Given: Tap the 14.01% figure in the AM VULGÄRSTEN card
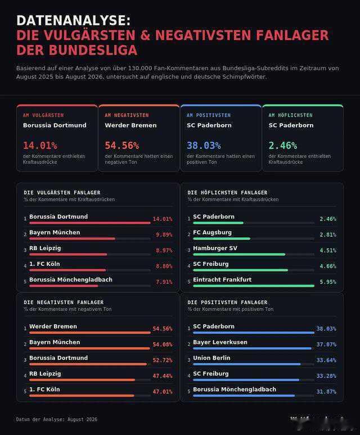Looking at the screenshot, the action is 40,146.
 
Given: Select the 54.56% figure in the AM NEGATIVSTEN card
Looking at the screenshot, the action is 122,146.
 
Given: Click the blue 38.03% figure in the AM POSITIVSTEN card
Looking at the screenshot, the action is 204,146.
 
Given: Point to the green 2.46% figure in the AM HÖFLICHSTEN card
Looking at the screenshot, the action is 283,146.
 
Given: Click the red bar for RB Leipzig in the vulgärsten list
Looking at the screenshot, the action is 68,255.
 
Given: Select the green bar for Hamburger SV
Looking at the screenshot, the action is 239,255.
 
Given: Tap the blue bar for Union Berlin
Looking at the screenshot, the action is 247,364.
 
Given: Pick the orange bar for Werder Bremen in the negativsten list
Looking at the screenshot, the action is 90,333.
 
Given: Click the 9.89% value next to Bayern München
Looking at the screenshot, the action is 164,235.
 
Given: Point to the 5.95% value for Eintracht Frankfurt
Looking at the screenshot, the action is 328,282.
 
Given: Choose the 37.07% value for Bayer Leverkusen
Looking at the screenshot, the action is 326,345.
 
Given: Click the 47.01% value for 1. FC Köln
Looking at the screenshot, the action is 163,392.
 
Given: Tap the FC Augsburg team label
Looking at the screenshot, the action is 212,233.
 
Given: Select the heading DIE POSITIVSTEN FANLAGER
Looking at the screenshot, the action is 227,302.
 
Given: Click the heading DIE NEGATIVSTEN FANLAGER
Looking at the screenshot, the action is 64,302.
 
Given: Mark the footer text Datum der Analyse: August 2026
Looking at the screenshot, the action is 57,419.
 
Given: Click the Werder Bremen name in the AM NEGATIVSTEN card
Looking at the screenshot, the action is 130,125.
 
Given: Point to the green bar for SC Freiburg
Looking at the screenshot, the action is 241,270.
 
